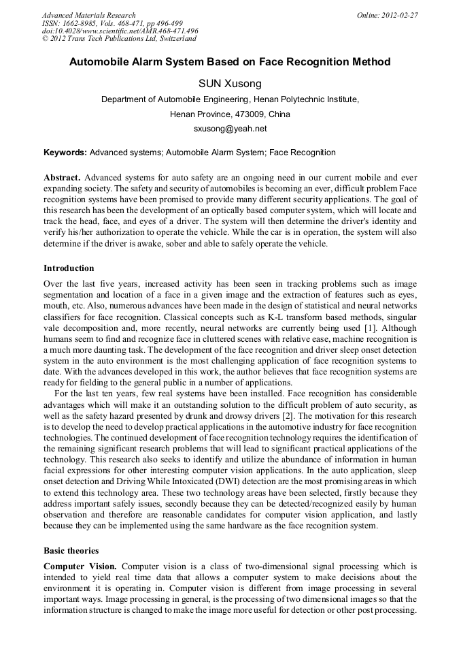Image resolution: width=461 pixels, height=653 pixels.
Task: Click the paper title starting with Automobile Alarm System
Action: (230, 62)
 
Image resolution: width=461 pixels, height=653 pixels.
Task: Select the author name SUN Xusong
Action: (230, 84)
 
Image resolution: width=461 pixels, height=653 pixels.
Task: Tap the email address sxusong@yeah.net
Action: (230, 128)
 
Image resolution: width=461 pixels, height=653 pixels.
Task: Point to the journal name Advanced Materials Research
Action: (88, 15)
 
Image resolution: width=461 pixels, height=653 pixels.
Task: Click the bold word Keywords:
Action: (65, 153)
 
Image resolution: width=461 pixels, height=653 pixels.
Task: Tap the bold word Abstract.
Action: (63, 177)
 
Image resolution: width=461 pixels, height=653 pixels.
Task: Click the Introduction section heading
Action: (69, 268)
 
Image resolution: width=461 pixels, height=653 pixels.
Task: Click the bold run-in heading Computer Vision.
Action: (80, 567)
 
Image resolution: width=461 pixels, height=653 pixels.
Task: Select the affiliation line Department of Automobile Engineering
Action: (230, 99)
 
